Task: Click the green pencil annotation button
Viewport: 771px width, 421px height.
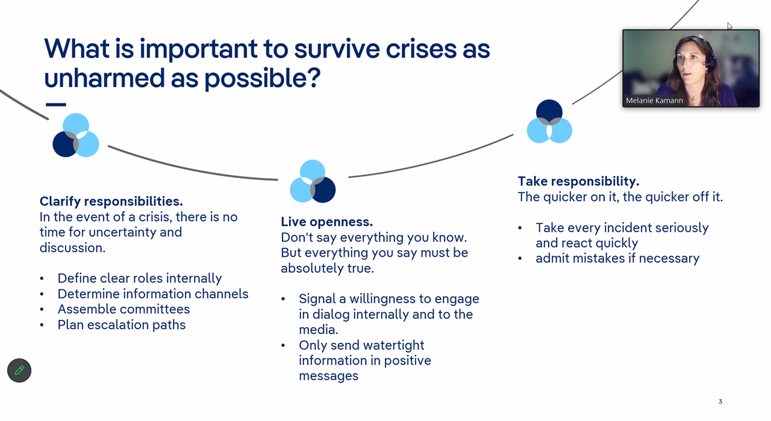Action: [19, 370]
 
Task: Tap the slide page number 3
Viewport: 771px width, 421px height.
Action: [720, 402]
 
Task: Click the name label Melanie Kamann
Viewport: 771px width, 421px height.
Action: [654, 100]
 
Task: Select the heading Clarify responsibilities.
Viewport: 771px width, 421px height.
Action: [111, 201]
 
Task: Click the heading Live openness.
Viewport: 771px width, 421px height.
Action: [327, 222]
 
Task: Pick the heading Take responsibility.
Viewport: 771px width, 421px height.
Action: [578, 181]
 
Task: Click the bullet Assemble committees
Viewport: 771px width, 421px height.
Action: [123, 309]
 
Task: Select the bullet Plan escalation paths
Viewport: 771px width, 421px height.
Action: [122, 325]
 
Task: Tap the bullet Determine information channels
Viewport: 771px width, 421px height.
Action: [153, 293]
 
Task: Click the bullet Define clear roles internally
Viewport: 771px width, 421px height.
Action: [140, 278]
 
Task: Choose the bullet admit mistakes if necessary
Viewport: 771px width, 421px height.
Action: [617, 258]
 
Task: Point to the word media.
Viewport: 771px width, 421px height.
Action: [317, 330]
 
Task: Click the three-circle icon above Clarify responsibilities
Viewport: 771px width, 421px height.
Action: [76, 135]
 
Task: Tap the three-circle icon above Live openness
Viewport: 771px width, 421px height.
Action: [313, 181]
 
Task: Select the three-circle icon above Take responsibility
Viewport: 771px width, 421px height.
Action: [549, 121]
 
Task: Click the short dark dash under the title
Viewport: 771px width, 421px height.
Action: [55, 105]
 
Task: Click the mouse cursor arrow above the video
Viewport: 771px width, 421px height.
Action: [729, 26]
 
